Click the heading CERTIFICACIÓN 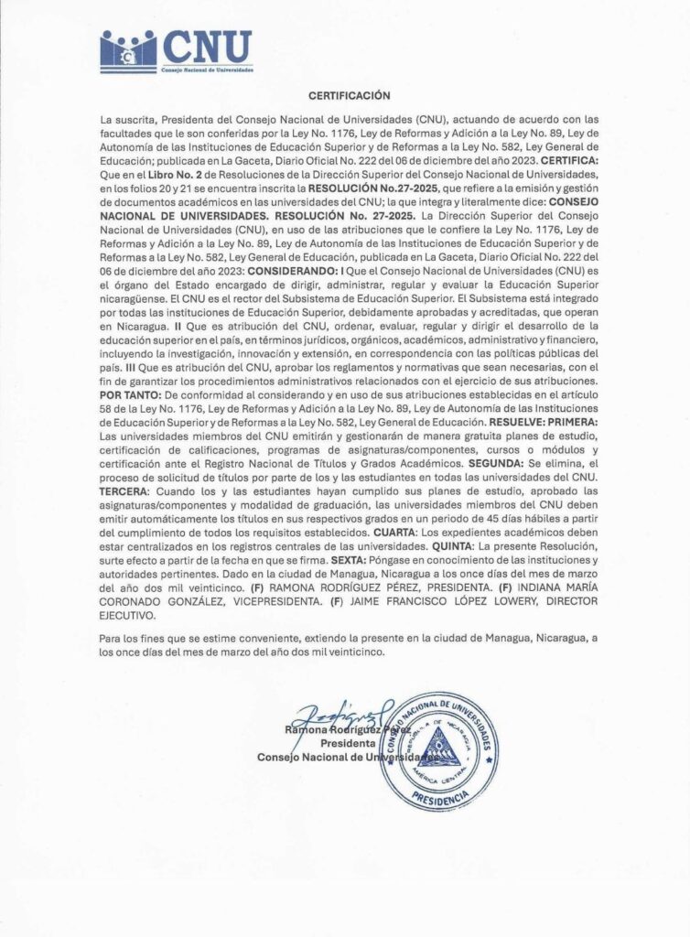[x=349, y=95]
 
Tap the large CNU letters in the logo [x=207, y=46]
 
